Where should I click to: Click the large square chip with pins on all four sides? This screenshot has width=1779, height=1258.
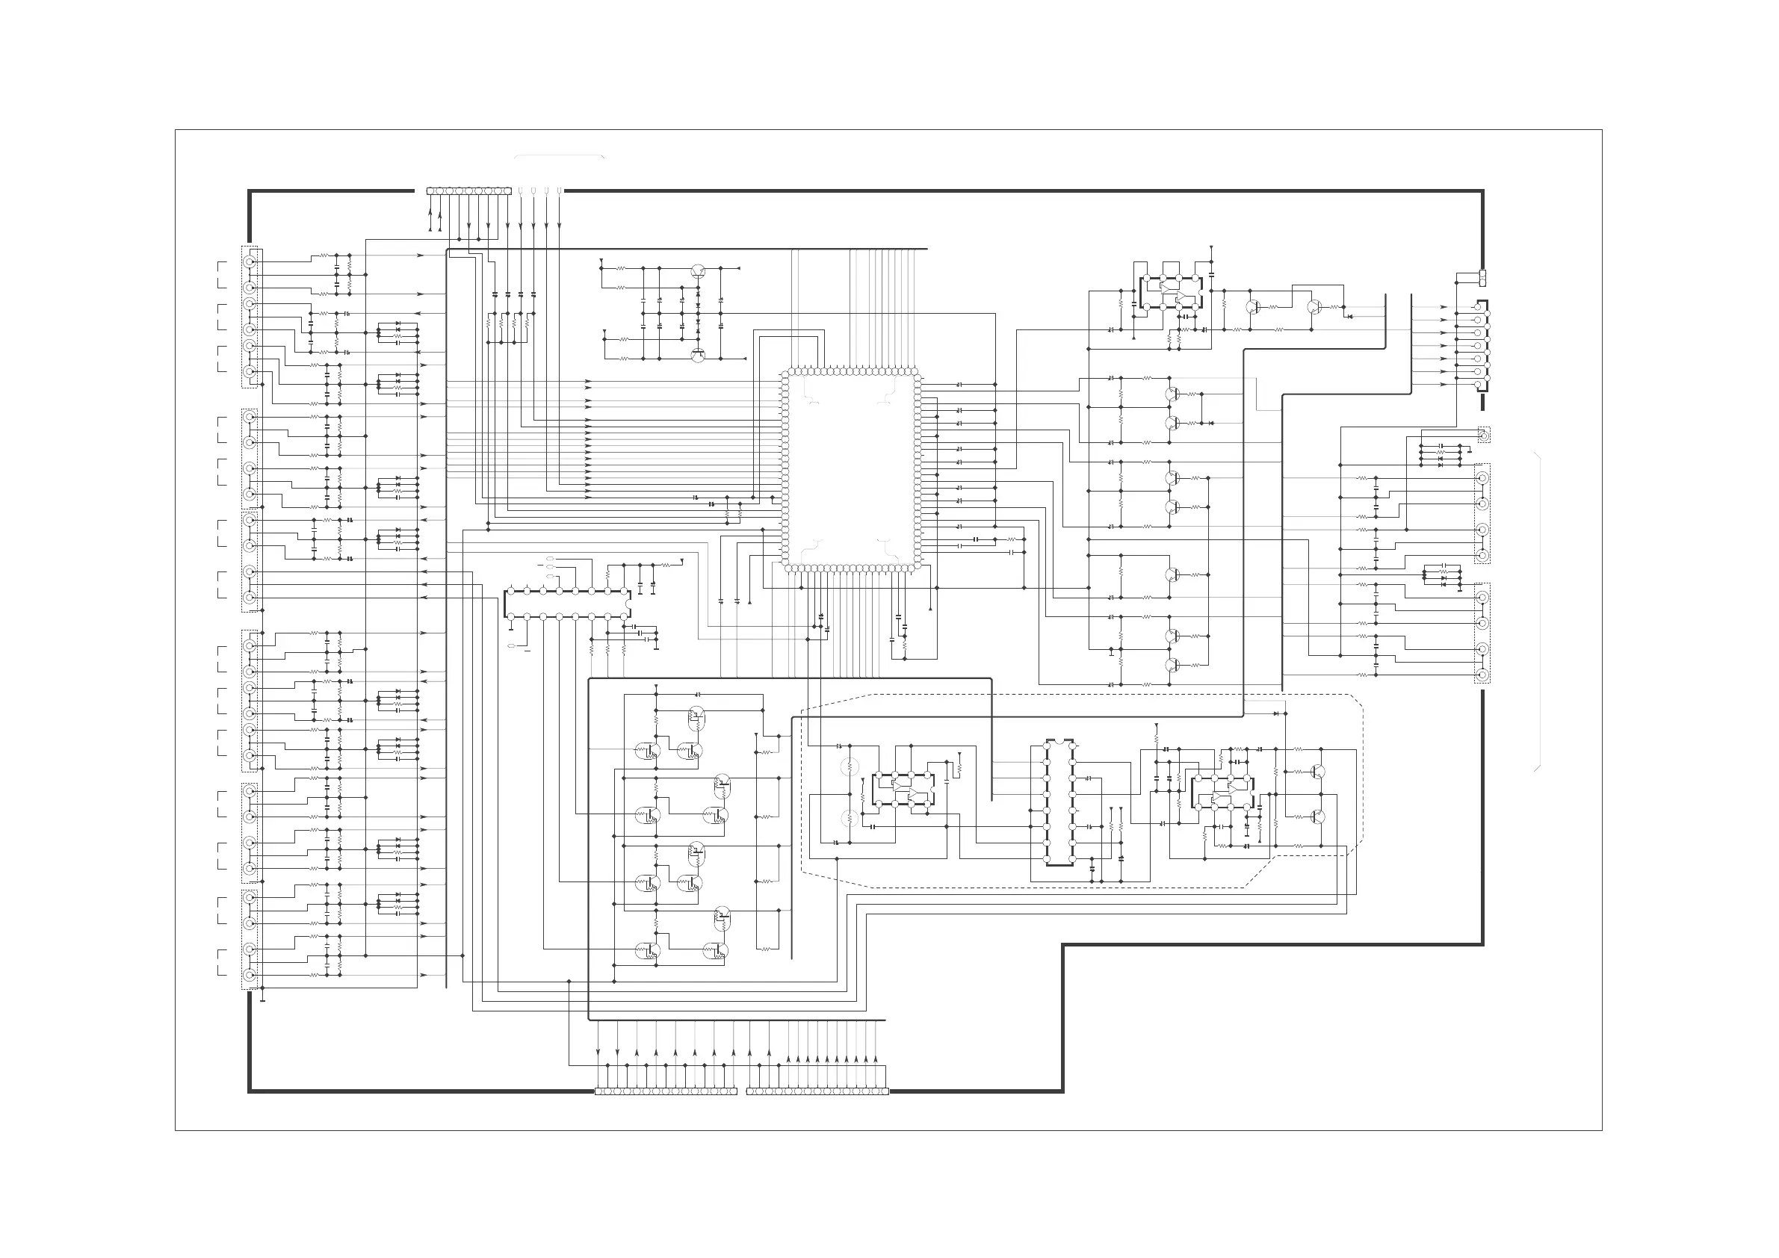pos(851,469)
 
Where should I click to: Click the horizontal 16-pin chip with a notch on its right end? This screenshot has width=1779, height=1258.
pos(566,604)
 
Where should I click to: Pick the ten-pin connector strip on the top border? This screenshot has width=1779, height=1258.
pos(469,190)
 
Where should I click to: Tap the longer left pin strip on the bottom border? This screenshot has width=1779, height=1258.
pos(666,1091)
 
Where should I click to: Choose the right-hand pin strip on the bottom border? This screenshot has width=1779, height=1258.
pos(817,1091)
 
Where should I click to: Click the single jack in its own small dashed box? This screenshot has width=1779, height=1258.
pos(1483,436)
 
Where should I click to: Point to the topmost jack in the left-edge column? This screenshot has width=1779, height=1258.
pos(250,261)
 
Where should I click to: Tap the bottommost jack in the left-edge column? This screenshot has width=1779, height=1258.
pos(250,976)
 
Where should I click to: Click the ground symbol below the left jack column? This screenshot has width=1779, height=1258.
pos(263,1000)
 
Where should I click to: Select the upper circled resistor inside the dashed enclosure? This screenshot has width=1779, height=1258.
pos(850,768)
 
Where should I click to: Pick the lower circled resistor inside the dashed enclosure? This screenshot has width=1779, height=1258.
pos(850,818)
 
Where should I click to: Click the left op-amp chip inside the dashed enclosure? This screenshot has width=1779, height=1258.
pos(903,790)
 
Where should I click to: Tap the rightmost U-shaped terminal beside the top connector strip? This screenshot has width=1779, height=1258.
pos(560,190)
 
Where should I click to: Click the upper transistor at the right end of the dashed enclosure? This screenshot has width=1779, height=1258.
pos(1317,772)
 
